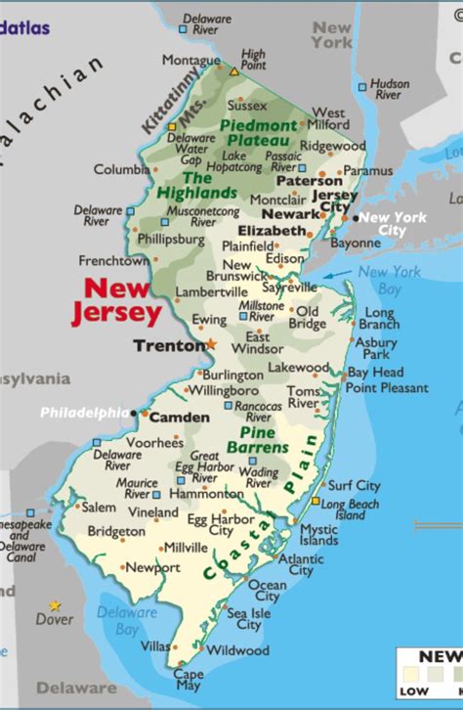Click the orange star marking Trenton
[211, 343]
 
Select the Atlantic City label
[301, 564]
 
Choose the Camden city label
[179, 418]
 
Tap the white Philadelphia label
[84, 413]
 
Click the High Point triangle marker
[233, 70]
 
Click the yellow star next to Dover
[55, 605]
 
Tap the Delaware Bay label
[128, 620]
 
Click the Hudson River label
[389, 89]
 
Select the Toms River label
[303, 397]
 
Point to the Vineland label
[152, 512]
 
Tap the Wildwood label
[236, 650]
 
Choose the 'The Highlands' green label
[183, 185]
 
